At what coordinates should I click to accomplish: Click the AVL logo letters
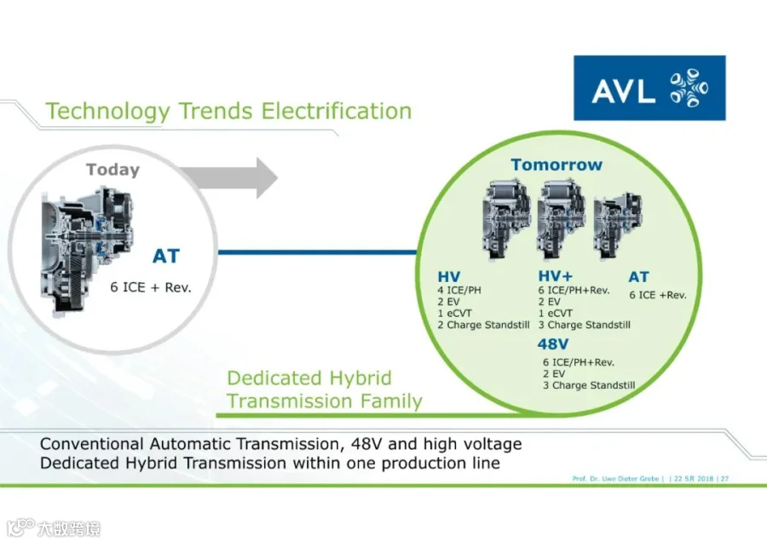(623, 91)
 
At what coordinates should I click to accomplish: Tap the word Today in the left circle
(113, 170)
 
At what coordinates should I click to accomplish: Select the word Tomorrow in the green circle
(557, 165)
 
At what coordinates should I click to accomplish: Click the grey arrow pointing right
(228, 178)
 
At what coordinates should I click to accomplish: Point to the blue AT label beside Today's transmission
(166, 256)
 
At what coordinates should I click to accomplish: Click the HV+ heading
(555, 276)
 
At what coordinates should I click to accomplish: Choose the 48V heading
(553, 344)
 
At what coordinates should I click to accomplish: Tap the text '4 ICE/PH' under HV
(459, 290)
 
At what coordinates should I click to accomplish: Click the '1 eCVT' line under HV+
(555, 313)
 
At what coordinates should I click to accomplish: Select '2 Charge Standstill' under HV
(483, 325)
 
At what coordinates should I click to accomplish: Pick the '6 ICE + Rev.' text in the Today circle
(151, 287)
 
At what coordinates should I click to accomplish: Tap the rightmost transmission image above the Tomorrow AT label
(618, 226)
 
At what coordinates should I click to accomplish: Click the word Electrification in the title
(337, 111)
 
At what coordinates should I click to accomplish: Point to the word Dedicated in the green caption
(274, 378)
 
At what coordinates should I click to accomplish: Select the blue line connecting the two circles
(317, 252)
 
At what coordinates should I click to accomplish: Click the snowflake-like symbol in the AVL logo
(689, 88)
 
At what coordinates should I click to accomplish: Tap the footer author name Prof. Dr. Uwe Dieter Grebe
(616, 478)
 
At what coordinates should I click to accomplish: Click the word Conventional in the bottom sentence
(92, 444)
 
